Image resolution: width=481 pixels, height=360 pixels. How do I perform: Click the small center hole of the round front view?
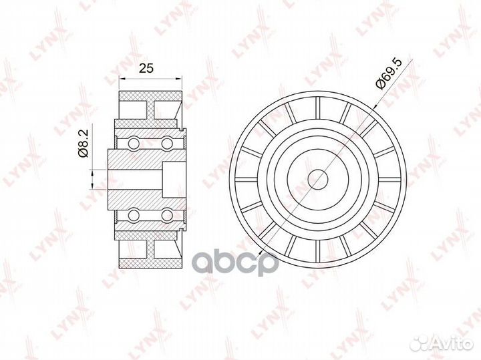pos(318,178)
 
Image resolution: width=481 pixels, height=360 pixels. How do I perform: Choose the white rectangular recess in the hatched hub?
pos(173,178)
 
